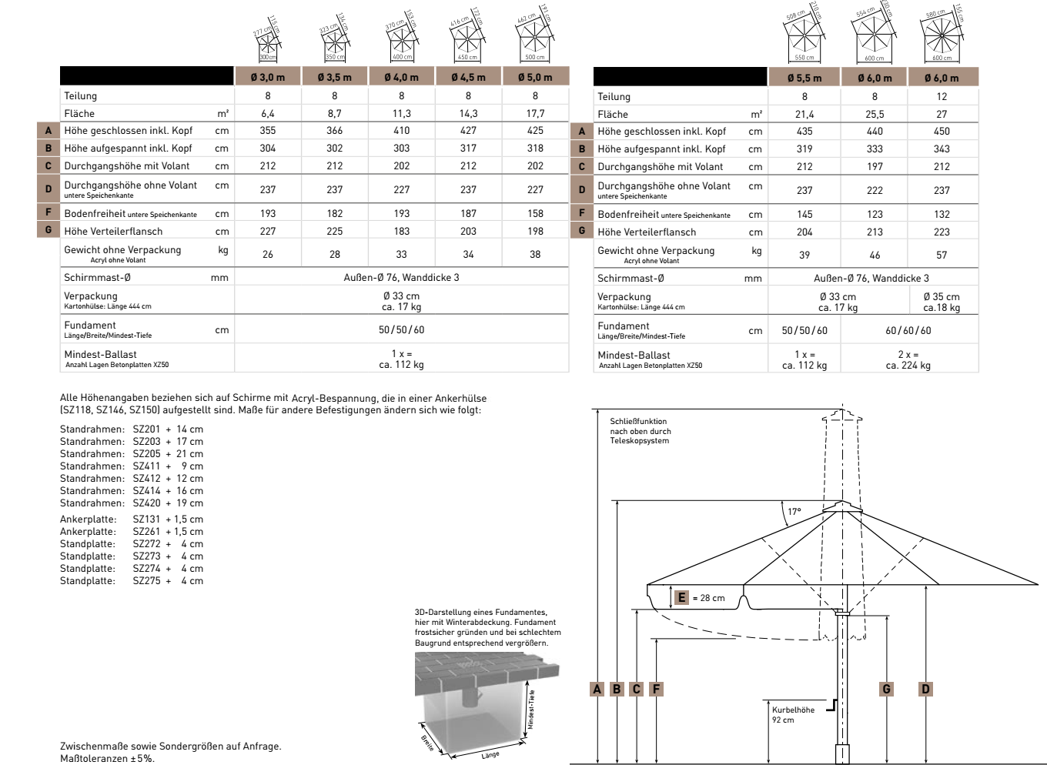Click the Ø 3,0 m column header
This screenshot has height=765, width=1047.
pos(267,77)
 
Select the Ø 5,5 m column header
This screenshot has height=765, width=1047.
pos(804,78)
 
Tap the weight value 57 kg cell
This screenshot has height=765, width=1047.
pos(942,255)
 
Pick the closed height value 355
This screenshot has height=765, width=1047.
pos(267,131)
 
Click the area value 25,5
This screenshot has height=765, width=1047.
pos(874,114)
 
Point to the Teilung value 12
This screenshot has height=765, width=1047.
pos(942,96)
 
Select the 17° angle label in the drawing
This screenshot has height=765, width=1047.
pos(794,512)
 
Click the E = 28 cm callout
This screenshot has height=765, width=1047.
pos(700,597)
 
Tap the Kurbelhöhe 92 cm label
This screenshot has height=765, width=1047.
pos(792,715)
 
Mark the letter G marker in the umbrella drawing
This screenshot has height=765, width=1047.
pos(886,689)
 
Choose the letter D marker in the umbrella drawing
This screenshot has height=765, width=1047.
pos(925,689)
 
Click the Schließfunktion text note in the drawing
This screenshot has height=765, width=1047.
pos(640,431)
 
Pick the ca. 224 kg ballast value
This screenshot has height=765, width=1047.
pos(908,366)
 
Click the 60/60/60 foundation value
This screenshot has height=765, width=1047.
pos(908,330)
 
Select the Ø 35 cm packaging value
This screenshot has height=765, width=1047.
pos(942,297)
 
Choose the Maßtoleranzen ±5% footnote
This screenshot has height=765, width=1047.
pos(107,759)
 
